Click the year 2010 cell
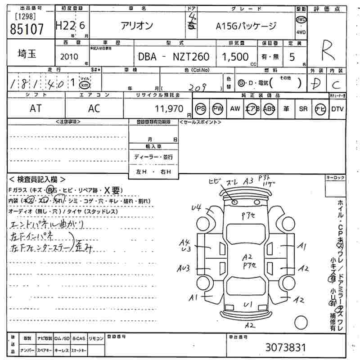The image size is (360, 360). click(x=68, y=57)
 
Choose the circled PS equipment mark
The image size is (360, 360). click(x=201, y=109)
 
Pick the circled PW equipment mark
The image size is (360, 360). click(x=218, y=109)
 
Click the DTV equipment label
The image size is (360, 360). click(x=337, y=109)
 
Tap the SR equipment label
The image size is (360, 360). click(x=303, y=109)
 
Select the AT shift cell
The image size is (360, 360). click(x=36, y=108)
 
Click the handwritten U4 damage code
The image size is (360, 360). click(x=196, y=208)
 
